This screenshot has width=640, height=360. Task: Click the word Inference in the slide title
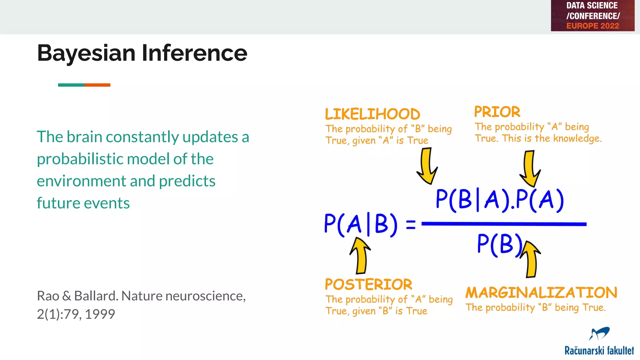point(194,53)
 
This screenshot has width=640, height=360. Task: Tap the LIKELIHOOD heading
point(372,114)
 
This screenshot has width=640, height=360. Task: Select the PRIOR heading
point(497,112)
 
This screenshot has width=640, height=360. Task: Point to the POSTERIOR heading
point(368,285)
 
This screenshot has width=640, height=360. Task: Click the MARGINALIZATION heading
point(541,293)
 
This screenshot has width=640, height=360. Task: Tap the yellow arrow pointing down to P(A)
point(530,169)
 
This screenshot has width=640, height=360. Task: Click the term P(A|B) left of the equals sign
point(361,224)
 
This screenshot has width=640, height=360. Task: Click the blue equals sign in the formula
point(411,225)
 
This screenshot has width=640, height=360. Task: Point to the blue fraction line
point(504,224)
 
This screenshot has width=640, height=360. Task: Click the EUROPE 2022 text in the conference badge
point(592,26)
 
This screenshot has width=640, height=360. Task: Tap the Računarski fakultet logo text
point(599,351)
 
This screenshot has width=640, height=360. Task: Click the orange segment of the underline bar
point(97,85)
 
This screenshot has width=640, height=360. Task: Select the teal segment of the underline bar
point(71,85)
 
